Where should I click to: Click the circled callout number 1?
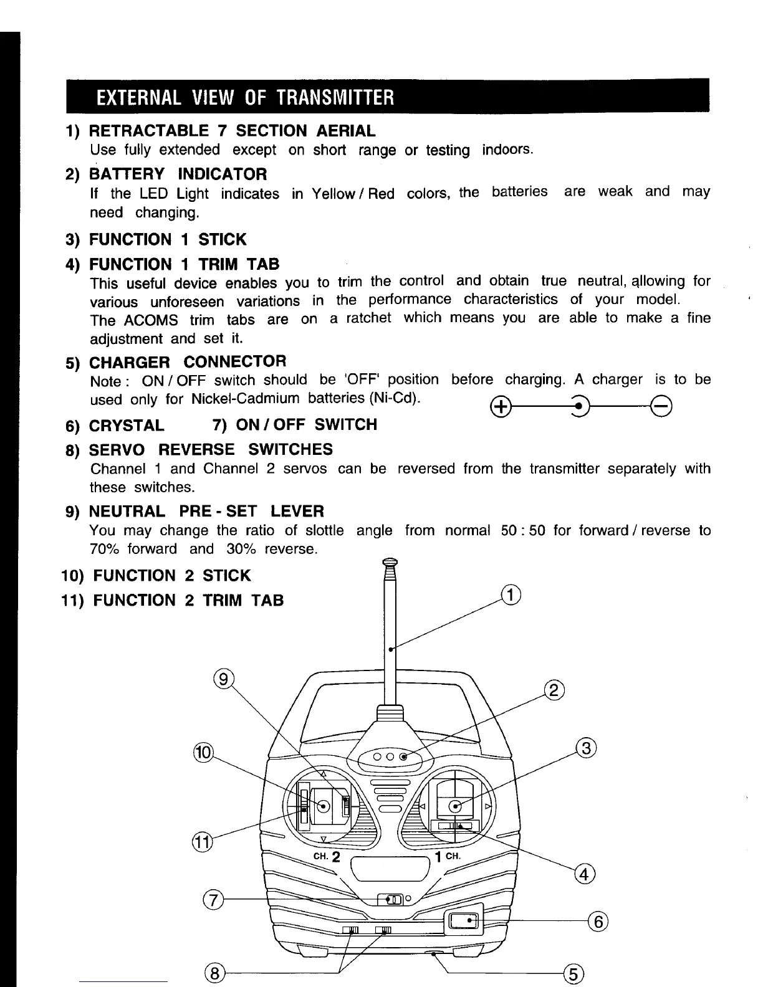tap(511, 595)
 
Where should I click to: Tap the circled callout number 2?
tap(554, 691)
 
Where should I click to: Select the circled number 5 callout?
tap(573, 973)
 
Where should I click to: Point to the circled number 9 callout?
tap(223, 677)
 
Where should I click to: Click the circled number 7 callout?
tap(213, 900)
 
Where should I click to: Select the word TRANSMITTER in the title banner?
tap(335, 98)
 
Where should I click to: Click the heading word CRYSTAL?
tap(127, 426)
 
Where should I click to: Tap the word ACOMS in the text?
tap(151, 320)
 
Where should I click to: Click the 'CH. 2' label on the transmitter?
tap(327, 856)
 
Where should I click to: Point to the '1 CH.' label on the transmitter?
tap(448, 856)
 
